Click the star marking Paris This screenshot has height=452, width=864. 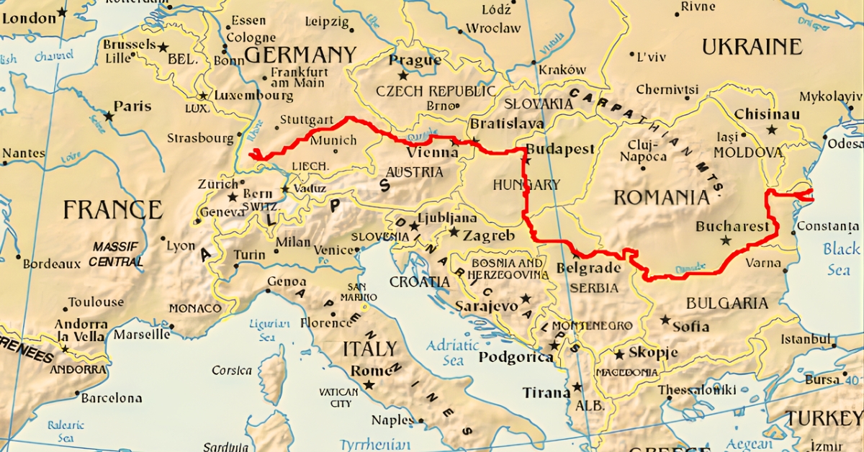[x=109, y=114]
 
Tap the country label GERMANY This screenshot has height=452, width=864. [x=300, y=55]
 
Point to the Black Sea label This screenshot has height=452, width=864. [x=840, y=258]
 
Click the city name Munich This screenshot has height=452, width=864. [x=333, y=140]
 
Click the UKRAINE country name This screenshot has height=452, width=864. [x=752, y=47]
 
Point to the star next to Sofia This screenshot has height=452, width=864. [x=665, y=320]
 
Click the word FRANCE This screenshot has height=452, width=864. [x=112, y=209]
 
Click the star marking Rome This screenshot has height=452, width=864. [x=369, y=385]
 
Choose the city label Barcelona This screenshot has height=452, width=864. [x=111, y=397]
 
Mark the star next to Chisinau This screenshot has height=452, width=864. [x=772, y=130]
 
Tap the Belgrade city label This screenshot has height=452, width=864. [x=588, y=268]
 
